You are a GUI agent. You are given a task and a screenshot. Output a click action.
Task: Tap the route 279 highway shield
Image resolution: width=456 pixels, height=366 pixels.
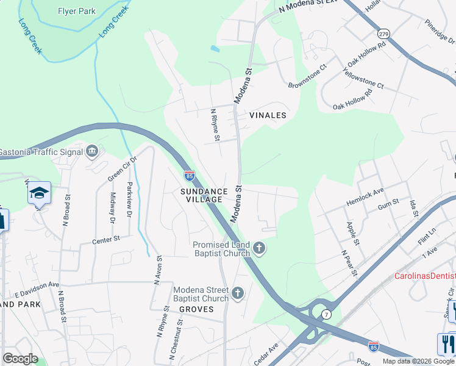(383, 33)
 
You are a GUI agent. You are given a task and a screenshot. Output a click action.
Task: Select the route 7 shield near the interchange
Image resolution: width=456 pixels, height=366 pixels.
(327, 314)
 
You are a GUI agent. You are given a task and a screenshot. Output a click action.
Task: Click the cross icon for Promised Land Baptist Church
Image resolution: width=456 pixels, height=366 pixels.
(260, 248)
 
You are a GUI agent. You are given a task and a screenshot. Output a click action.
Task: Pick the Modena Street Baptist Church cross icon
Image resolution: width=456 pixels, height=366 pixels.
(238, 294)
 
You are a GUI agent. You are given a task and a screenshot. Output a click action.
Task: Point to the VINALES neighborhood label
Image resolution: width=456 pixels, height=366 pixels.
(268, 115)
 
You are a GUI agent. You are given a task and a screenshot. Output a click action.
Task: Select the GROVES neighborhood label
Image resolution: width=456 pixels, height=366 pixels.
(196, 309)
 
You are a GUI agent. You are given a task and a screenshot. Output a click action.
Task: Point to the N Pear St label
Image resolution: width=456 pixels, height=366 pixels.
(349, 263)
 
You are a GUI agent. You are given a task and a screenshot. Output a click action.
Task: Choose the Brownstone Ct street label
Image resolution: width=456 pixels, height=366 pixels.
(308, 76)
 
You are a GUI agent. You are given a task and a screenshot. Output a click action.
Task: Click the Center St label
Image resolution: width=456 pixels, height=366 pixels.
(106, 240)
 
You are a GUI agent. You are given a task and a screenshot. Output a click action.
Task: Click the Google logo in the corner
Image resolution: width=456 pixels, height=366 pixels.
(20, 358)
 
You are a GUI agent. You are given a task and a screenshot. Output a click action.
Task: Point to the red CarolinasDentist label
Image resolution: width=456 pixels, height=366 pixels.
(424, 276)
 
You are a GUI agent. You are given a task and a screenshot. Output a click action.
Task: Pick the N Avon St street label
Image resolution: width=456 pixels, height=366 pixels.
(158, 268)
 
